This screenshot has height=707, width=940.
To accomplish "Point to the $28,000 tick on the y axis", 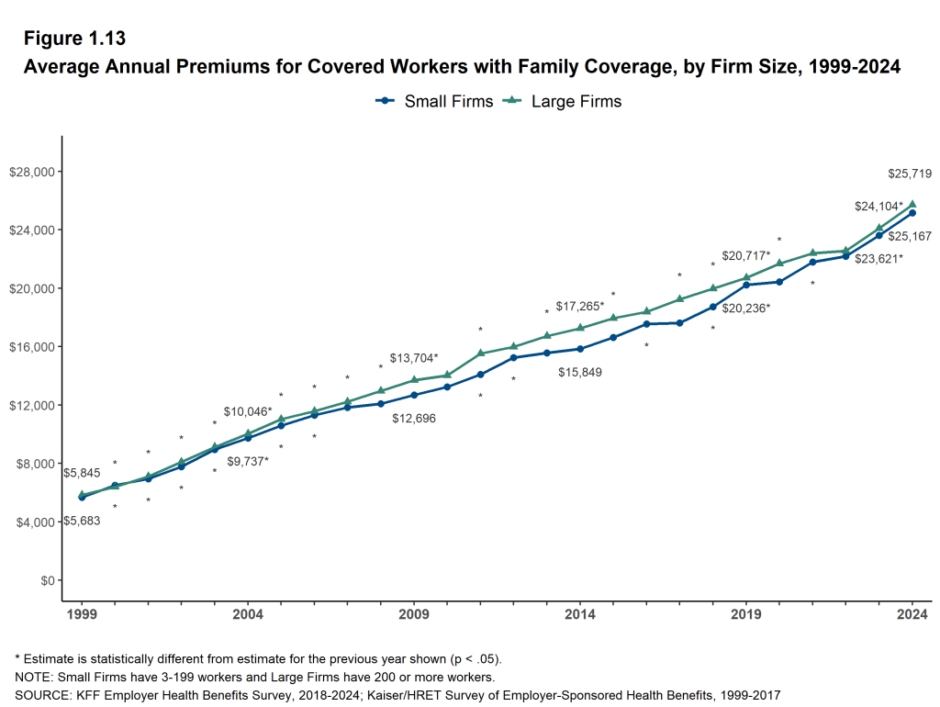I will tap(32, 172).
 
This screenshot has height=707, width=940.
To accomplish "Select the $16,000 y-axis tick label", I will tap(32, 347).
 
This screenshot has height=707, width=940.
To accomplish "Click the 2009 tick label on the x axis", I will tap(414, 613).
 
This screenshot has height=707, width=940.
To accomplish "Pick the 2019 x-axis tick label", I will tap(746, 613).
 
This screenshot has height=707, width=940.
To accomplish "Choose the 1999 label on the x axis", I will tap(82, 613).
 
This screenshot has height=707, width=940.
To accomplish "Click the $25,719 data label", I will tap(912, 174).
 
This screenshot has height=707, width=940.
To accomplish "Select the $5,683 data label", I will tap(81, 521).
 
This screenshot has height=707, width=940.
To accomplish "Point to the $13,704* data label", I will tap(414, 358).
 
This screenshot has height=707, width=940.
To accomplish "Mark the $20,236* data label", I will tap(744, 309).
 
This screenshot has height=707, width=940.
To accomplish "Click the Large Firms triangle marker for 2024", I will tap(912, 205).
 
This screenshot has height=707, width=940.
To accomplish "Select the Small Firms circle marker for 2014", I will tap(580, 349).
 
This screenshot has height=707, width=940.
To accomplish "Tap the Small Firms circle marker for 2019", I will tap(746, 285).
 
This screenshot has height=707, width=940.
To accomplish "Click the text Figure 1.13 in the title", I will tap(74, 39).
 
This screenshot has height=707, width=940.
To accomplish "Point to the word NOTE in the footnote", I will tap(34, 677).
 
